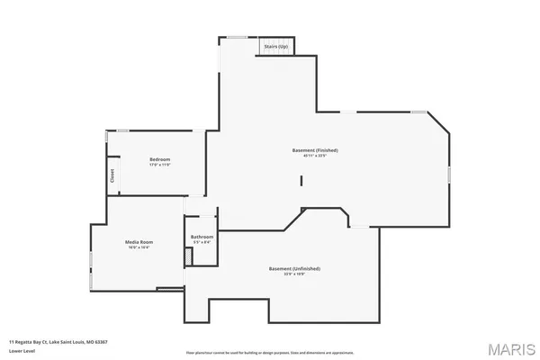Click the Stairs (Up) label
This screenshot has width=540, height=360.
click(275, 46)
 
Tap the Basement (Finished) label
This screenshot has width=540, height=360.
click(314, 149)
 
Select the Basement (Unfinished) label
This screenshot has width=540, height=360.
click(294, 268)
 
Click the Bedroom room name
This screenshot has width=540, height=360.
click(159, 159)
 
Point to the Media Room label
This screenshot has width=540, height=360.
click(139, 241)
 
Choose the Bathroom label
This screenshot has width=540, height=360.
click(202, 237)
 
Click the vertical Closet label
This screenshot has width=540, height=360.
click(112, 175)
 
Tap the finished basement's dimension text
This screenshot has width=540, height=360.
click(314, 155)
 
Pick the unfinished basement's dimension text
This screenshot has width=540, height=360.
click(294, 274)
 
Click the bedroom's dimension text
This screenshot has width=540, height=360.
click(159, 165)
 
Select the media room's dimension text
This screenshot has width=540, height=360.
click(139, 247)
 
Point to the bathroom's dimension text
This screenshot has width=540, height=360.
click(202, 242)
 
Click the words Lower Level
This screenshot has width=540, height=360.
click(22, 351)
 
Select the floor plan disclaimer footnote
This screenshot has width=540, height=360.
click(270, 352)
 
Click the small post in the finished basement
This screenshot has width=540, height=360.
click(301, 181)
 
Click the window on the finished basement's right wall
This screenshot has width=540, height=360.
click(448, 175)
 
